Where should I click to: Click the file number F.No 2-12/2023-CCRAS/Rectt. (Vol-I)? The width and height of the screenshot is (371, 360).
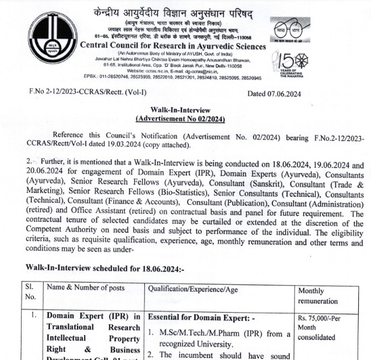click(x=87, y=94)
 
